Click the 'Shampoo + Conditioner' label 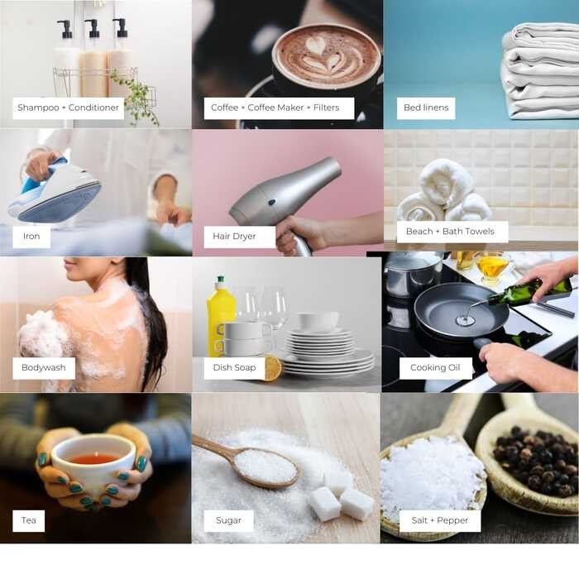coord(69,108)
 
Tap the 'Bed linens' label coord(426,108)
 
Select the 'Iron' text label coord(31,237)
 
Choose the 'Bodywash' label coord(44,368)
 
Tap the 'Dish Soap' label coord(234,368)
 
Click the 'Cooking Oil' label coord(435,368)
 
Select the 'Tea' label coord(28,520)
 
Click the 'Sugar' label coord(228,520)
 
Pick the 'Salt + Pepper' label coord(440,520)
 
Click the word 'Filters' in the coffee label coord(327,108)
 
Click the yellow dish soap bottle coord(221,316)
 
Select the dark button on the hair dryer coord(272,203)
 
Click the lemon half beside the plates coord(273,368)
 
